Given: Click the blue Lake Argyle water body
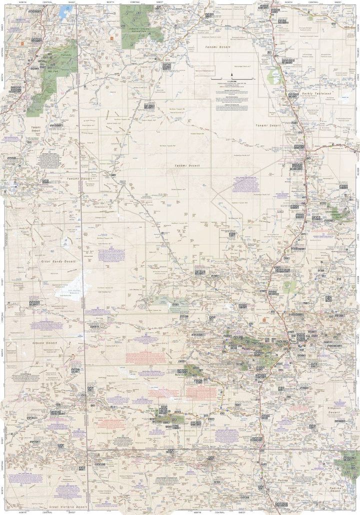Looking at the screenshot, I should click(x=64, y=10).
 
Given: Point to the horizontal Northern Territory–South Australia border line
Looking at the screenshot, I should click(x=210, y=449).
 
